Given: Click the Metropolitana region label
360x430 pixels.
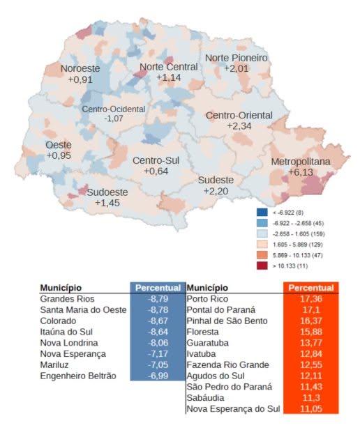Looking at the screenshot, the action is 301,162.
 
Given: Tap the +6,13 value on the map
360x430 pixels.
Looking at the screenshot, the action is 301,172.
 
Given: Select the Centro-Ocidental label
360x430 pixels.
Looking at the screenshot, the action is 114,109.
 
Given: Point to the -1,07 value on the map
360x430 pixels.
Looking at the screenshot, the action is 114,118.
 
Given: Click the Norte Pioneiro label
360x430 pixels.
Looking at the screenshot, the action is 237,58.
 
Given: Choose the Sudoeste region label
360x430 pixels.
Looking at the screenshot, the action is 107,192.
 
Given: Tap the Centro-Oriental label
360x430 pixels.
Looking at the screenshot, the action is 239,115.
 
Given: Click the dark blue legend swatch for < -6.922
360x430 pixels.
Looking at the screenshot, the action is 262,213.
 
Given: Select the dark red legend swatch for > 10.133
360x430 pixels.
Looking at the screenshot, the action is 262,266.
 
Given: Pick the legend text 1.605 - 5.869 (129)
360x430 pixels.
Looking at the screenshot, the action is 298,245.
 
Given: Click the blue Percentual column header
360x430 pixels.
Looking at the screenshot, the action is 158,288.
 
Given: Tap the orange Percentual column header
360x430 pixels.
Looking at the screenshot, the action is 311,288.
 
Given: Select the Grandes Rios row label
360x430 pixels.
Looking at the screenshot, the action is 67,299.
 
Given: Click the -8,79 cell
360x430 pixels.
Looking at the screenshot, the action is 158,299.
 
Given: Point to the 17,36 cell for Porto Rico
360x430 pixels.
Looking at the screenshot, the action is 311,299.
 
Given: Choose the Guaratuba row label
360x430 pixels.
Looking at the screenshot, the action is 208,343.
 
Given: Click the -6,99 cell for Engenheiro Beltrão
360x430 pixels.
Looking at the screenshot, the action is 158,376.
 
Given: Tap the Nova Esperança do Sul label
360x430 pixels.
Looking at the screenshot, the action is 234,409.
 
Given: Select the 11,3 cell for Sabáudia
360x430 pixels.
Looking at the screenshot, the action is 311,398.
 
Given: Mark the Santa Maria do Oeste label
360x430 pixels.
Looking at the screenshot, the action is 84,310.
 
